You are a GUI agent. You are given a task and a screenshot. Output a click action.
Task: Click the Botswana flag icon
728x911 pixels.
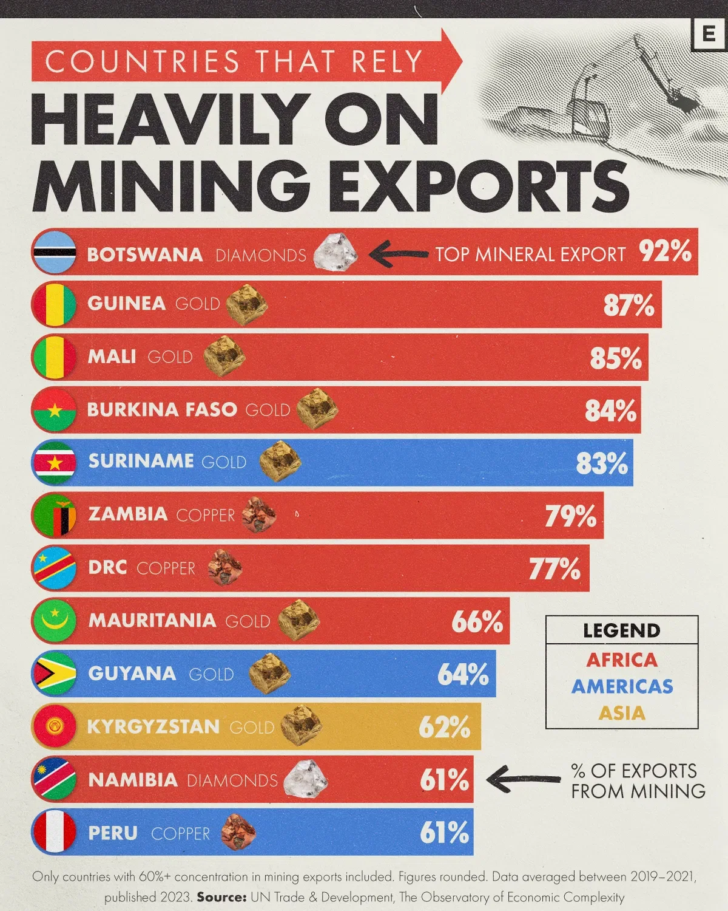(54, 252)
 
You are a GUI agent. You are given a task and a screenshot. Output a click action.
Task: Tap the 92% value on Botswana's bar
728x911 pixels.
(665, 251)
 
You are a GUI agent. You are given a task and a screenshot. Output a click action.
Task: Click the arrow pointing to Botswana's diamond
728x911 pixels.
(399, 254)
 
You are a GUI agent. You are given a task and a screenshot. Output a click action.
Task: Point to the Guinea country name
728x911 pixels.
(126, 304)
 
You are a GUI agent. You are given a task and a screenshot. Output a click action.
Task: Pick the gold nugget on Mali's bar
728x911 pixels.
(224, 357)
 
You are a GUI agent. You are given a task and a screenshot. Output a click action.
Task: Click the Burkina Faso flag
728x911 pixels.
(54, 410)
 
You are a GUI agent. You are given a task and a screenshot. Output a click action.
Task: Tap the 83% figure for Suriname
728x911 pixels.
(602, 463)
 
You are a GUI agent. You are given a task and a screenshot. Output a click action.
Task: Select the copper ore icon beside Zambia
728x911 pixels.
(259, 516)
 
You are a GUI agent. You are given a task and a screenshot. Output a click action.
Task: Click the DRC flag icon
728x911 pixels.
(54, 568)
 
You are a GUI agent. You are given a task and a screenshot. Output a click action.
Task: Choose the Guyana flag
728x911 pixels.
(54, 674)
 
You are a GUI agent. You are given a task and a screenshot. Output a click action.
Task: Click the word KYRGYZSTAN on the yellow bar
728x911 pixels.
(153, 727)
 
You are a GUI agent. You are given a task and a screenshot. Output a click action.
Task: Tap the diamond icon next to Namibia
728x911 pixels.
(306, 779)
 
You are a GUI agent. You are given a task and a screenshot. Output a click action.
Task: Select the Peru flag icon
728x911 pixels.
(54, 832)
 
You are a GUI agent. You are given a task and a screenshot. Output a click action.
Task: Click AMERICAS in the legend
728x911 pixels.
(622, 686)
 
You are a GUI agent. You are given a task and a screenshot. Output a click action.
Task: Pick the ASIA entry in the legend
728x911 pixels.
(622, 713)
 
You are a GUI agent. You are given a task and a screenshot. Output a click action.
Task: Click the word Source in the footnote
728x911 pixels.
(221, 897)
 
